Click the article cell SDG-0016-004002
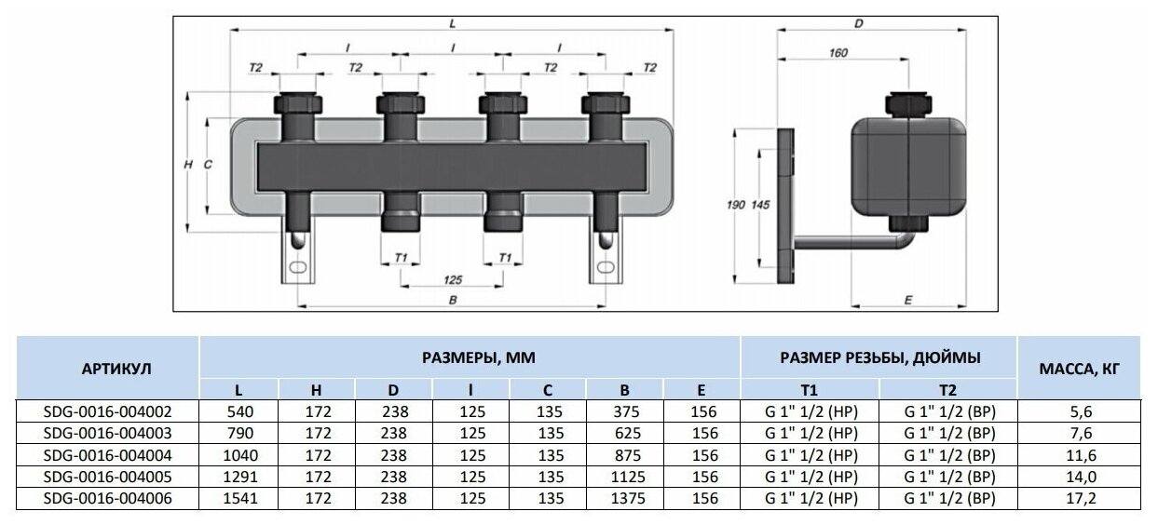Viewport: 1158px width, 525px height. [x=108, y=410]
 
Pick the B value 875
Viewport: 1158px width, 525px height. [x=624, y=454]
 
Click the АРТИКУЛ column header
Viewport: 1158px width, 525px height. [x=108, y=369]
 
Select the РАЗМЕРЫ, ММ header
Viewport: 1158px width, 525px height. [x=470, y=357]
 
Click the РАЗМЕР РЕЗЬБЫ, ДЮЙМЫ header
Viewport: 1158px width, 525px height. [x=880, y=357]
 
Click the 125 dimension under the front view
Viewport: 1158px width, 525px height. [x=453, y=278]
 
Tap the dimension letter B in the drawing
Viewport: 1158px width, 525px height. [x=452, y=300]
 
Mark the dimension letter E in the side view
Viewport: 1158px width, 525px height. [x=906, y=299]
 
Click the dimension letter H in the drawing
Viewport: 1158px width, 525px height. [x=188, y=164]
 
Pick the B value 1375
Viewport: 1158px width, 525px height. [x=624, y=498]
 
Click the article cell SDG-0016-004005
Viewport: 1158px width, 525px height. [x=108, y=477]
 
